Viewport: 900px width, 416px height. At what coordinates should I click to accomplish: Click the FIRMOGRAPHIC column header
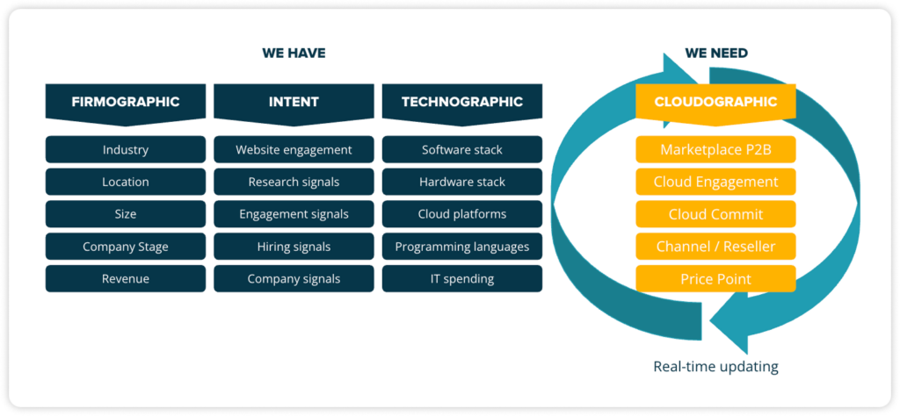(x=126, y=104)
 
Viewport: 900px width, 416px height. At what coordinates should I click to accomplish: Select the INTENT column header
(x=294, y=104)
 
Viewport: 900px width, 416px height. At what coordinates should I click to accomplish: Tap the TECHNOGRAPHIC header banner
(x=462, y=104)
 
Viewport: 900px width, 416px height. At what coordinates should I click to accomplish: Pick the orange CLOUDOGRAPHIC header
(x=715, y=104)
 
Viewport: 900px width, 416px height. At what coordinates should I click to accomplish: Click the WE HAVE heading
(x=294, y=54)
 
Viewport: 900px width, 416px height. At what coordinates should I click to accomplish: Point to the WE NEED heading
(x=716, y=54)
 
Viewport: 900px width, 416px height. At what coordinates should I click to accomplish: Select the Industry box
(x=126, y=149)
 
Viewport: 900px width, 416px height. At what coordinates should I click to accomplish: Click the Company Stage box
(x=126, y=247)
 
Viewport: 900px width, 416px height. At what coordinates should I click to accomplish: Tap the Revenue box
(x=126, y=279)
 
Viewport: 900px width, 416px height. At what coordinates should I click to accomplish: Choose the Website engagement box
(x=294, y=149)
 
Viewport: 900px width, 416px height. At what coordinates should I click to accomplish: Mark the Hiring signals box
(x=294, y=247)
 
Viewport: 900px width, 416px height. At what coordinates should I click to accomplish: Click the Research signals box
(x=294, y=183)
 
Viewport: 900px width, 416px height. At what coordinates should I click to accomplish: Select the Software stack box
(x=462, y=149)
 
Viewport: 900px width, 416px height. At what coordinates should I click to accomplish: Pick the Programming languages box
(x=462, y=247)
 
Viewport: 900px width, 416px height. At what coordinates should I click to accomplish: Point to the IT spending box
(x=462, y=279)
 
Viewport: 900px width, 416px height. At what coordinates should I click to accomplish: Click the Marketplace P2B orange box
(x=715, y=149)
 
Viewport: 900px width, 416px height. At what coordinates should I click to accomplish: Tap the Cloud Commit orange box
(x=715, y=214)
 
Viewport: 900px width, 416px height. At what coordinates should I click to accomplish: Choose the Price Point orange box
(x=715, y=279)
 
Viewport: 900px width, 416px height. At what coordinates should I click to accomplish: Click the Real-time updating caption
(x=715, y=366)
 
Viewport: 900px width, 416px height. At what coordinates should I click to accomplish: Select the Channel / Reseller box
(x=715, y=247)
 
